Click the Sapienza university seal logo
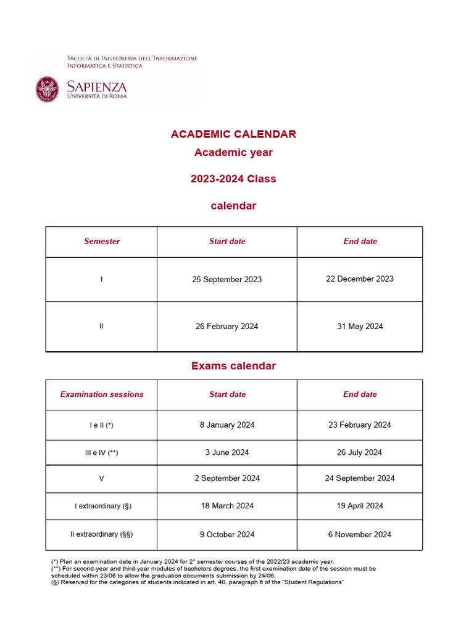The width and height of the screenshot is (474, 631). pos(48,89)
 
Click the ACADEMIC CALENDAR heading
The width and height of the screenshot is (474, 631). pos(233,134)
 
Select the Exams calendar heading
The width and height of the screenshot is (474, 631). pos(233,366)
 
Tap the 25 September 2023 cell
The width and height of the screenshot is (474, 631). pos(227,279)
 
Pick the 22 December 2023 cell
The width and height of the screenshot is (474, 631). pos(360,279)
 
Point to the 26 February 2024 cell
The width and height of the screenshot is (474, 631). pos(227,327)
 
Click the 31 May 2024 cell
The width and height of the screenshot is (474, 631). pos(360,327)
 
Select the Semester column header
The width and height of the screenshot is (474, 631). pos(102,242)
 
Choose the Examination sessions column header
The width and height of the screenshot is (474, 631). pos(102,394)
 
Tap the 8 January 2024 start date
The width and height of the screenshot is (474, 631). pos(227,425)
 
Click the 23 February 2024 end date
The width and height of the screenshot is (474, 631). pos(360,425)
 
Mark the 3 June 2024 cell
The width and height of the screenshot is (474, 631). pos(227,452)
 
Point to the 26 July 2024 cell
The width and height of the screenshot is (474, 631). pos(360,452)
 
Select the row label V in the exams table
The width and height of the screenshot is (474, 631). pos(102,478)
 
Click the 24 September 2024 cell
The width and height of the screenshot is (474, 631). pos(360,478)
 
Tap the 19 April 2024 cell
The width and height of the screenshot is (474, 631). pos(360,506)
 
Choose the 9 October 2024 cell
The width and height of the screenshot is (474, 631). pos(227,534)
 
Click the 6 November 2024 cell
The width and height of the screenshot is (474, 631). pos(360,534)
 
